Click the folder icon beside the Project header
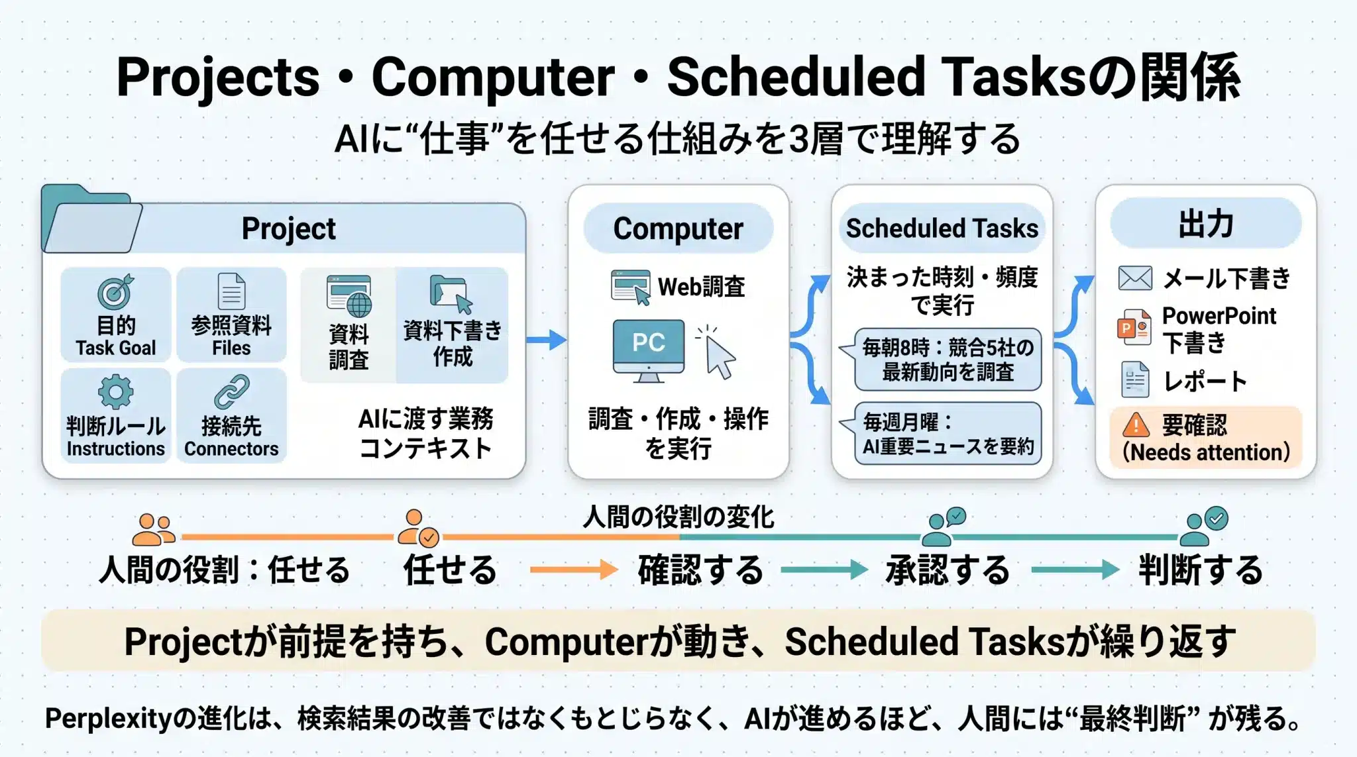click(x=91, y=219)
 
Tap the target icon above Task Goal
click(x=115, y=291)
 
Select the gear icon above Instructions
click(x=115, y=392)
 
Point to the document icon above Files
click(x=231, y=291)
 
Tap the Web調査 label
click(x=701, y=287)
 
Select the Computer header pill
click(x=678, y=228)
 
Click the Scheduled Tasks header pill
click(x=942, y=228)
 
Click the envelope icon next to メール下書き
click(x=1135, y=278)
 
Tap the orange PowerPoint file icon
click(x=1134, y=327)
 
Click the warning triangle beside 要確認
click(x=1136, y=425)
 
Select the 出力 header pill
click(x=1206, y=224)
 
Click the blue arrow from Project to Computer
click(x=547, y=340)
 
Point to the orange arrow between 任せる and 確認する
click(x=574, y=570)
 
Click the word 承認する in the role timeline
click(x=948, y=570)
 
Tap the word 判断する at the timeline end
click(x=1201, y=570)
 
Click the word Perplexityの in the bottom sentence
click(x=121, y=719)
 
